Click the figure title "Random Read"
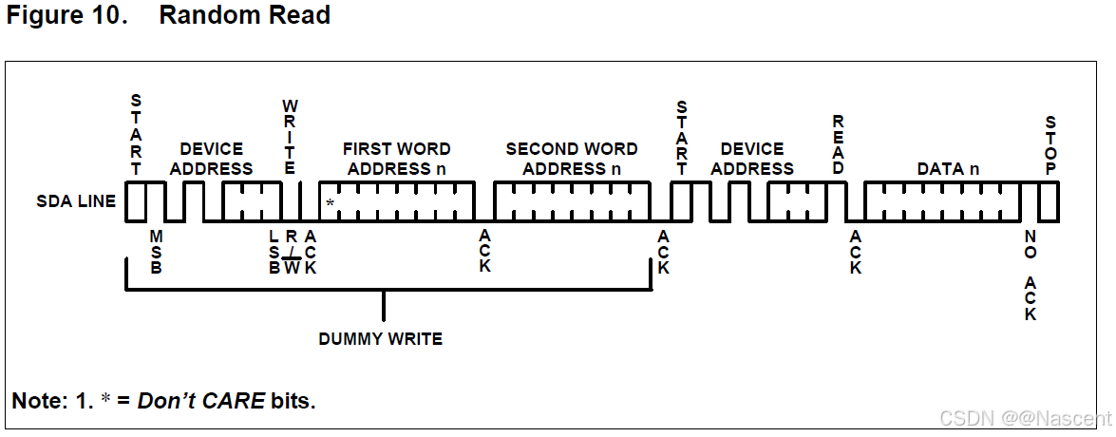[244, 16]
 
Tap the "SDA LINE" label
[76, 200]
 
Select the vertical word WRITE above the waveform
[291, 135]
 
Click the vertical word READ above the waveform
[838, 144]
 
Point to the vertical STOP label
[1050, 144]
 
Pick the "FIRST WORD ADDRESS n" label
[396, 159]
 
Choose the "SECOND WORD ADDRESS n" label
[572, 159]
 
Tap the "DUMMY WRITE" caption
[381, 338]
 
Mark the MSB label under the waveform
[157, 252]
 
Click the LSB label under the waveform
[274, 252]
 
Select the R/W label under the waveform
[292, 252]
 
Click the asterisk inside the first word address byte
[330, 203]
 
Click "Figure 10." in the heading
[66, 16]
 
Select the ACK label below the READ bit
[855, 252]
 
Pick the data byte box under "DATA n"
[942, 201]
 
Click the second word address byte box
[572, 201]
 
